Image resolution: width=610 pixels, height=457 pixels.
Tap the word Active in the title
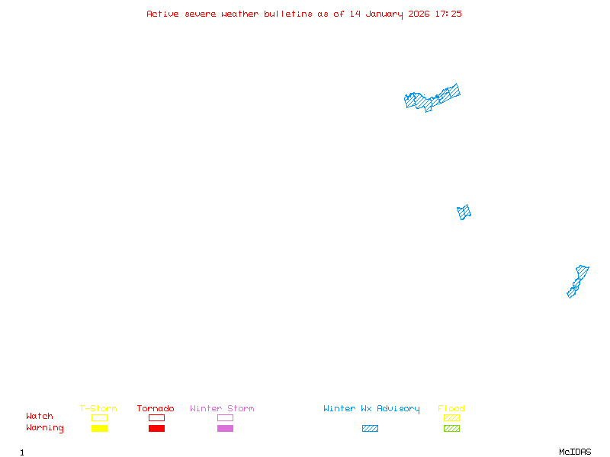pos(163,14)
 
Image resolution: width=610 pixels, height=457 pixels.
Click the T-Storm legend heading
pos(98,409)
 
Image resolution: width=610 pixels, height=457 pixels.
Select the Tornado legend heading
pos(156,409)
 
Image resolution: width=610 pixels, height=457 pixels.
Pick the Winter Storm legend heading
pos(222,409)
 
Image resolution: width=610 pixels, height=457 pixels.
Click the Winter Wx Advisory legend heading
pos(371,409)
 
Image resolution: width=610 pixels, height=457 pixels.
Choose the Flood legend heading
pos(451,409)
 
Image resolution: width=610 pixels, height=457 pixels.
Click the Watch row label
pos(40,417)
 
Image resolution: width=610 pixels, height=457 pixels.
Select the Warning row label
pos(45,428)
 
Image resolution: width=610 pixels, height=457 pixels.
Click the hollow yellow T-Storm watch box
pos(99,417)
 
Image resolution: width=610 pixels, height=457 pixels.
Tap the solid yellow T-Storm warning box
pos(99,428)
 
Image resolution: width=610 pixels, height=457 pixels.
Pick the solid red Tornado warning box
pos(156,428)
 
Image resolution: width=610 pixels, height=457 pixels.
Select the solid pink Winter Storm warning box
pos(225,428)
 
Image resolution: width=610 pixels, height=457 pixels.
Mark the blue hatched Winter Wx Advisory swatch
pos(370,428)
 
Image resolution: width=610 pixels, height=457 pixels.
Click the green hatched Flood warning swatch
pos(451,428)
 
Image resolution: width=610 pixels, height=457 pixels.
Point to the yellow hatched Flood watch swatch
pos(451,417)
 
